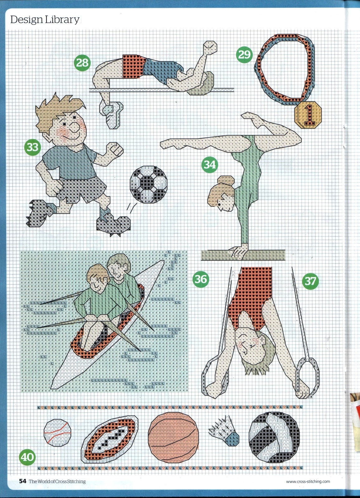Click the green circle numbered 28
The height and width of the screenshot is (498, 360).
point(82,63)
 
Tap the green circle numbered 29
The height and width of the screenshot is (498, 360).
point(244,54)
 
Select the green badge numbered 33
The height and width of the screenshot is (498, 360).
point(32,147)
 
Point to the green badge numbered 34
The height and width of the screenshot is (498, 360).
point(210,165)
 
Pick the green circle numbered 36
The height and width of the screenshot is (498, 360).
point(201,279)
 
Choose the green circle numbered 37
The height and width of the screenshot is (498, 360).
point(310,281)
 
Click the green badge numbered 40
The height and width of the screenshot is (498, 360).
point(27,457)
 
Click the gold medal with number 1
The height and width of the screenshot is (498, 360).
point(308,115)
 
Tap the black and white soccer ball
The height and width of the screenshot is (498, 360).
point(149,184)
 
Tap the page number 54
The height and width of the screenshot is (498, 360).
point(23,481)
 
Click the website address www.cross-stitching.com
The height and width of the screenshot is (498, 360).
point(308,482)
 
